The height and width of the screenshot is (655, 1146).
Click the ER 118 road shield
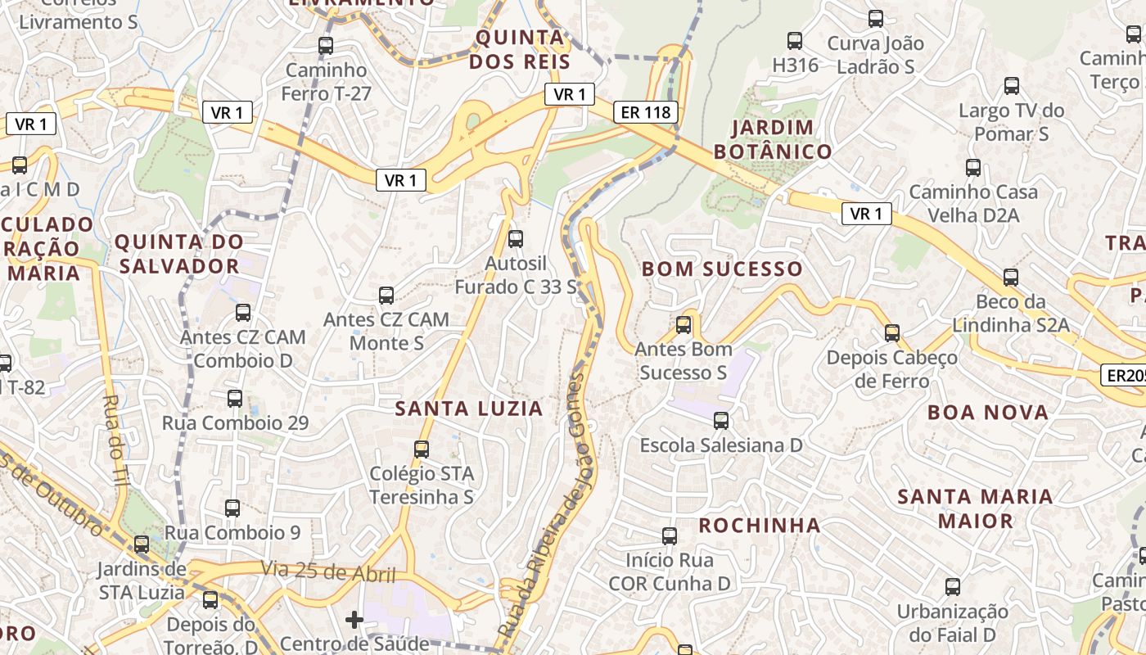click(646, 113)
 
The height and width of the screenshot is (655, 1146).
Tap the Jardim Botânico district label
click(773, 139)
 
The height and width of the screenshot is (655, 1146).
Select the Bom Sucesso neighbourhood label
click(722, 269)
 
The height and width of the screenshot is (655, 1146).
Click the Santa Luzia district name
click(469, 409)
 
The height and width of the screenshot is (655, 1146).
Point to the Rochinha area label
click(759, 525)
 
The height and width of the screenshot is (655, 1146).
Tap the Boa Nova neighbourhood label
click(988, 413)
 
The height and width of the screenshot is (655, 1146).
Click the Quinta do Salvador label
click(178, 254)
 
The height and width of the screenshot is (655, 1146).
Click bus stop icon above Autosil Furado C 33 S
click(516, 239)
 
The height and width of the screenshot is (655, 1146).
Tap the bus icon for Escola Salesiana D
click(721, 421)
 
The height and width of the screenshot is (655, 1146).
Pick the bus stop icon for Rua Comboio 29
click(235, 399)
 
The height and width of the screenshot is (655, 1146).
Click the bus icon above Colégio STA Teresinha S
click(422, 449)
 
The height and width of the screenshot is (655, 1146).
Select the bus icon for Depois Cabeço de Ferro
click(892, 333)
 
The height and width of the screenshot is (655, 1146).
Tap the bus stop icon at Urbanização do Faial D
click(953, 587)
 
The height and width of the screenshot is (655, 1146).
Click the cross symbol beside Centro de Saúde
click(354, 620)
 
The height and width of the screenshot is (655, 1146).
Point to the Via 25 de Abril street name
click(327, 571)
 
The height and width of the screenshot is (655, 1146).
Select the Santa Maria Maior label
click(975, 508)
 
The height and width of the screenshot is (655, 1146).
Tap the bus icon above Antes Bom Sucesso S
click(684, 325)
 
